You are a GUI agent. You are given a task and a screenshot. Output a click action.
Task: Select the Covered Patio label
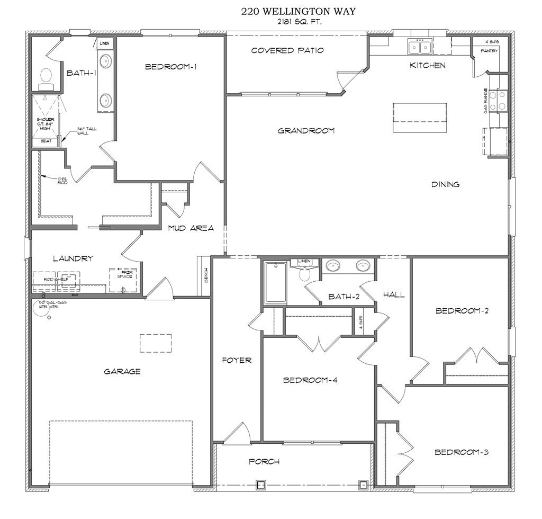coord(287,50)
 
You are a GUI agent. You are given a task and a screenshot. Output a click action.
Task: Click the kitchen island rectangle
coord(420,118)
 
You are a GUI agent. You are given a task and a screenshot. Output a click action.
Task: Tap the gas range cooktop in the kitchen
coord(498,101)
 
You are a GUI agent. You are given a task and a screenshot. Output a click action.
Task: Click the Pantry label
coord(489,51)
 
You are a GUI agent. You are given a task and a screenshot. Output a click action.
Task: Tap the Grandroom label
coord(306,130)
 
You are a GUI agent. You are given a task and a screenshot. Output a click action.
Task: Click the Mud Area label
coord(191,228)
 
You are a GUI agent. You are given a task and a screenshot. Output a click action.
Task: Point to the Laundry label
coord(73,258)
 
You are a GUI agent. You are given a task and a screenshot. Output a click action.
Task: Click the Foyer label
coord(236,360)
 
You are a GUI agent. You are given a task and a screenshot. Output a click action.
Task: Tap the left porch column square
coord(260,484)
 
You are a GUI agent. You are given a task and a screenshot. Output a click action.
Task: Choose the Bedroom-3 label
coord(461,452)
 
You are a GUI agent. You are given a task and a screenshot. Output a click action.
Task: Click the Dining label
coord(445,184)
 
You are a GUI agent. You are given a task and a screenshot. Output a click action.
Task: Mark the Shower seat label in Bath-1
coord(46,141)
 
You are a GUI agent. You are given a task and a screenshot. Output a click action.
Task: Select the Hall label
coord(394,294)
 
